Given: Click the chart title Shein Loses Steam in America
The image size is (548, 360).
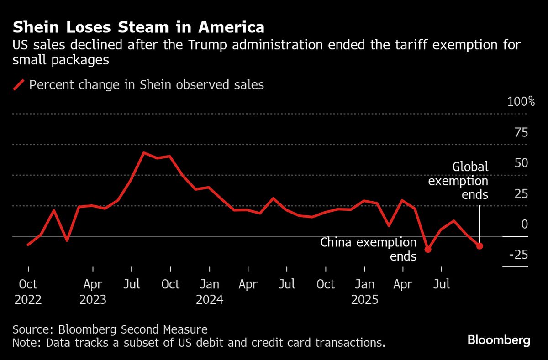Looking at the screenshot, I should tap(138, 27).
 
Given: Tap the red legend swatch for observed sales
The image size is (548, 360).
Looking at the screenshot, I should tap(19, 85).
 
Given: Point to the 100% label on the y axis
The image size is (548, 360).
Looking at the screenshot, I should tap(521, 102).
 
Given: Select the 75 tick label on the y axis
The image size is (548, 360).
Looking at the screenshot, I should tap(521, 133).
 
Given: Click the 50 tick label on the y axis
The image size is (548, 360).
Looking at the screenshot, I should tap(521, 163).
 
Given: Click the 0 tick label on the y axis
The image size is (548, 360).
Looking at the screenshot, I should tap(525, 224).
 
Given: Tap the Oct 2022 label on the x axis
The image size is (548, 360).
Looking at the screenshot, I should tap(28, 292).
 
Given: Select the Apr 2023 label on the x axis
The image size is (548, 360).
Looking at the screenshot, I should tap(93, 292).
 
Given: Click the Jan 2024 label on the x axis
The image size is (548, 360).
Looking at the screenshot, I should tap(209, 292).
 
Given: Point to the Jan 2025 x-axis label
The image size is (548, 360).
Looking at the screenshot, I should tap(364, 292).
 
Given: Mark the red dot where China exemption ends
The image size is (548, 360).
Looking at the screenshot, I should tap(428, 249).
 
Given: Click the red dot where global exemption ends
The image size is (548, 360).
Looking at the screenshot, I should tap(479, 246).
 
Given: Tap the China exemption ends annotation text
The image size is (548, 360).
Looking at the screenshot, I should tap(369, 249).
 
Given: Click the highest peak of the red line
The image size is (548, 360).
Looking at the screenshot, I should tap(144, 153).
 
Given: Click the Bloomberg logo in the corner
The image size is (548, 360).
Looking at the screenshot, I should tap(499, 340).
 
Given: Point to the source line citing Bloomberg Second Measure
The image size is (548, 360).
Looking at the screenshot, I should tap(110, 329).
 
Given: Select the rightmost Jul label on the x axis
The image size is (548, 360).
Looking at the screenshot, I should tap(442, 285).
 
